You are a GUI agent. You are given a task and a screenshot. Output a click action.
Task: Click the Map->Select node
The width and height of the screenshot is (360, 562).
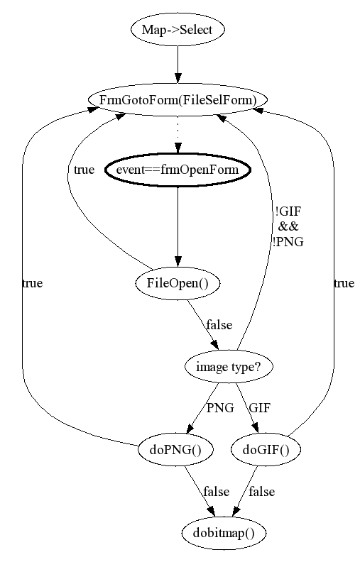tap(178, 29)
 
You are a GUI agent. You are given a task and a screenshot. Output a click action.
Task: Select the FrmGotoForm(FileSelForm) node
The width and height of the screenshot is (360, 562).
tap(178, 99)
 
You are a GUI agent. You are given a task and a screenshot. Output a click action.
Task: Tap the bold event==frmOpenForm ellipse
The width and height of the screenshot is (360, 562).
tap(178, 170)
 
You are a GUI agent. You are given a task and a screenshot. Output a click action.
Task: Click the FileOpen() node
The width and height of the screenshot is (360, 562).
tap(178, 284)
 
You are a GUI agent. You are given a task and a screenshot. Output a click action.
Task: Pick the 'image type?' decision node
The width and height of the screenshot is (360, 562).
tap(229, 367)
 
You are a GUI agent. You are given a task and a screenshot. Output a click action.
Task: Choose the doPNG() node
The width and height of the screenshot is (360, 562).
tap(175, 449)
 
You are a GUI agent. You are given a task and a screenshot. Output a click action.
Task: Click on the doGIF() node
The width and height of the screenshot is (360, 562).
tap(266, 449)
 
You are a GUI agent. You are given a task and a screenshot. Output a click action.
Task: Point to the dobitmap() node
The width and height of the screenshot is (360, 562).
tap(224, 534)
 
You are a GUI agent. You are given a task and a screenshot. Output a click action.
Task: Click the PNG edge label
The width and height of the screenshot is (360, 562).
tap(220, 408)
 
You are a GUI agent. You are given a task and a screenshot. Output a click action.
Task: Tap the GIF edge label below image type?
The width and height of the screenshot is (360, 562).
tap(260, 408)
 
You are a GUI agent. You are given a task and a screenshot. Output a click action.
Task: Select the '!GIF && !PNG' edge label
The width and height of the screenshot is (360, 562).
tap(288, 226)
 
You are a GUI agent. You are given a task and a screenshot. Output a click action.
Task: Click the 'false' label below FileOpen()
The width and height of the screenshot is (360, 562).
tap(219, 325)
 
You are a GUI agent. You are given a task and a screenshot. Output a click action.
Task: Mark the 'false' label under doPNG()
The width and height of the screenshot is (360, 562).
tap(217, 491)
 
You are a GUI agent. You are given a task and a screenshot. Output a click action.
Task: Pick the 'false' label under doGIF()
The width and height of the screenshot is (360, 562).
tap(262, 491)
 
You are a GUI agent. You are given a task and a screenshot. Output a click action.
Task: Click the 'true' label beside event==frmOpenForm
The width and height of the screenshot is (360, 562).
tap(84, 170)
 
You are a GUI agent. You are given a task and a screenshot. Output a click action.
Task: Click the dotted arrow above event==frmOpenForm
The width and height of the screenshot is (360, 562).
tap(178, 134)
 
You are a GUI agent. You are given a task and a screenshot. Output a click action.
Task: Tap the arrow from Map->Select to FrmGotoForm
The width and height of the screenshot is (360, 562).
tap(178, 65)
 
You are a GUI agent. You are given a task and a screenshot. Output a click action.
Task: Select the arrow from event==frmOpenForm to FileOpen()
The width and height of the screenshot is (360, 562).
tap(178, 227)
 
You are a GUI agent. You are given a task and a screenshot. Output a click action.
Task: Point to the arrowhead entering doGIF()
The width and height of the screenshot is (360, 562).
tap(256, 429)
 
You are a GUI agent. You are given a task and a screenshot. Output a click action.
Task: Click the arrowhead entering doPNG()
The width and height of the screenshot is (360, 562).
tap(190, 429)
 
